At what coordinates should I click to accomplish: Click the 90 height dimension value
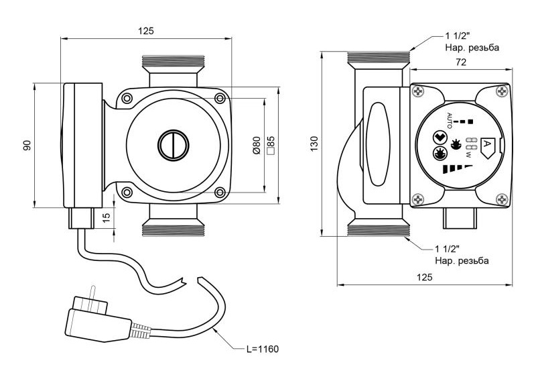point(27,145)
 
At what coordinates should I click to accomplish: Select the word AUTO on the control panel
point(450,121)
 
